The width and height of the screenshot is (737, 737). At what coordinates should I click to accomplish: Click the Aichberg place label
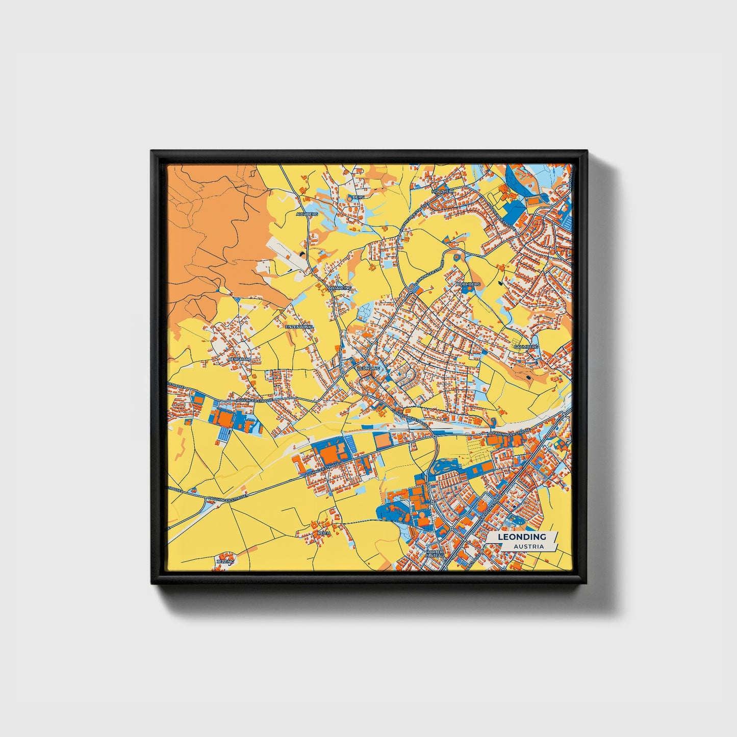308,214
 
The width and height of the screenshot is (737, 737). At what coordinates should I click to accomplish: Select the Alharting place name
340,288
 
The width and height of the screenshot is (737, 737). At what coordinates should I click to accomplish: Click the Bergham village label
240,359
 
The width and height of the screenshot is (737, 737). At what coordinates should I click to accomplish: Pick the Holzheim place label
442,191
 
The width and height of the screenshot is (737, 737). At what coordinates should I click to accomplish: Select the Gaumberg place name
526,346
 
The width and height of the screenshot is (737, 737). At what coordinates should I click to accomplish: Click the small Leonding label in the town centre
369,368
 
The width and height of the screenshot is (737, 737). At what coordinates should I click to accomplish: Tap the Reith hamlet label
324,532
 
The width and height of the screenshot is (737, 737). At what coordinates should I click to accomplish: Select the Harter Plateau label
435,553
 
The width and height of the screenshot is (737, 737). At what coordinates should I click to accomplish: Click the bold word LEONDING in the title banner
522,537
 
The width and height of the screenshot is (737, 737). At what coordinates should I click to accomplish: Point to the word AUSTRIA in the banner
528,546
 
